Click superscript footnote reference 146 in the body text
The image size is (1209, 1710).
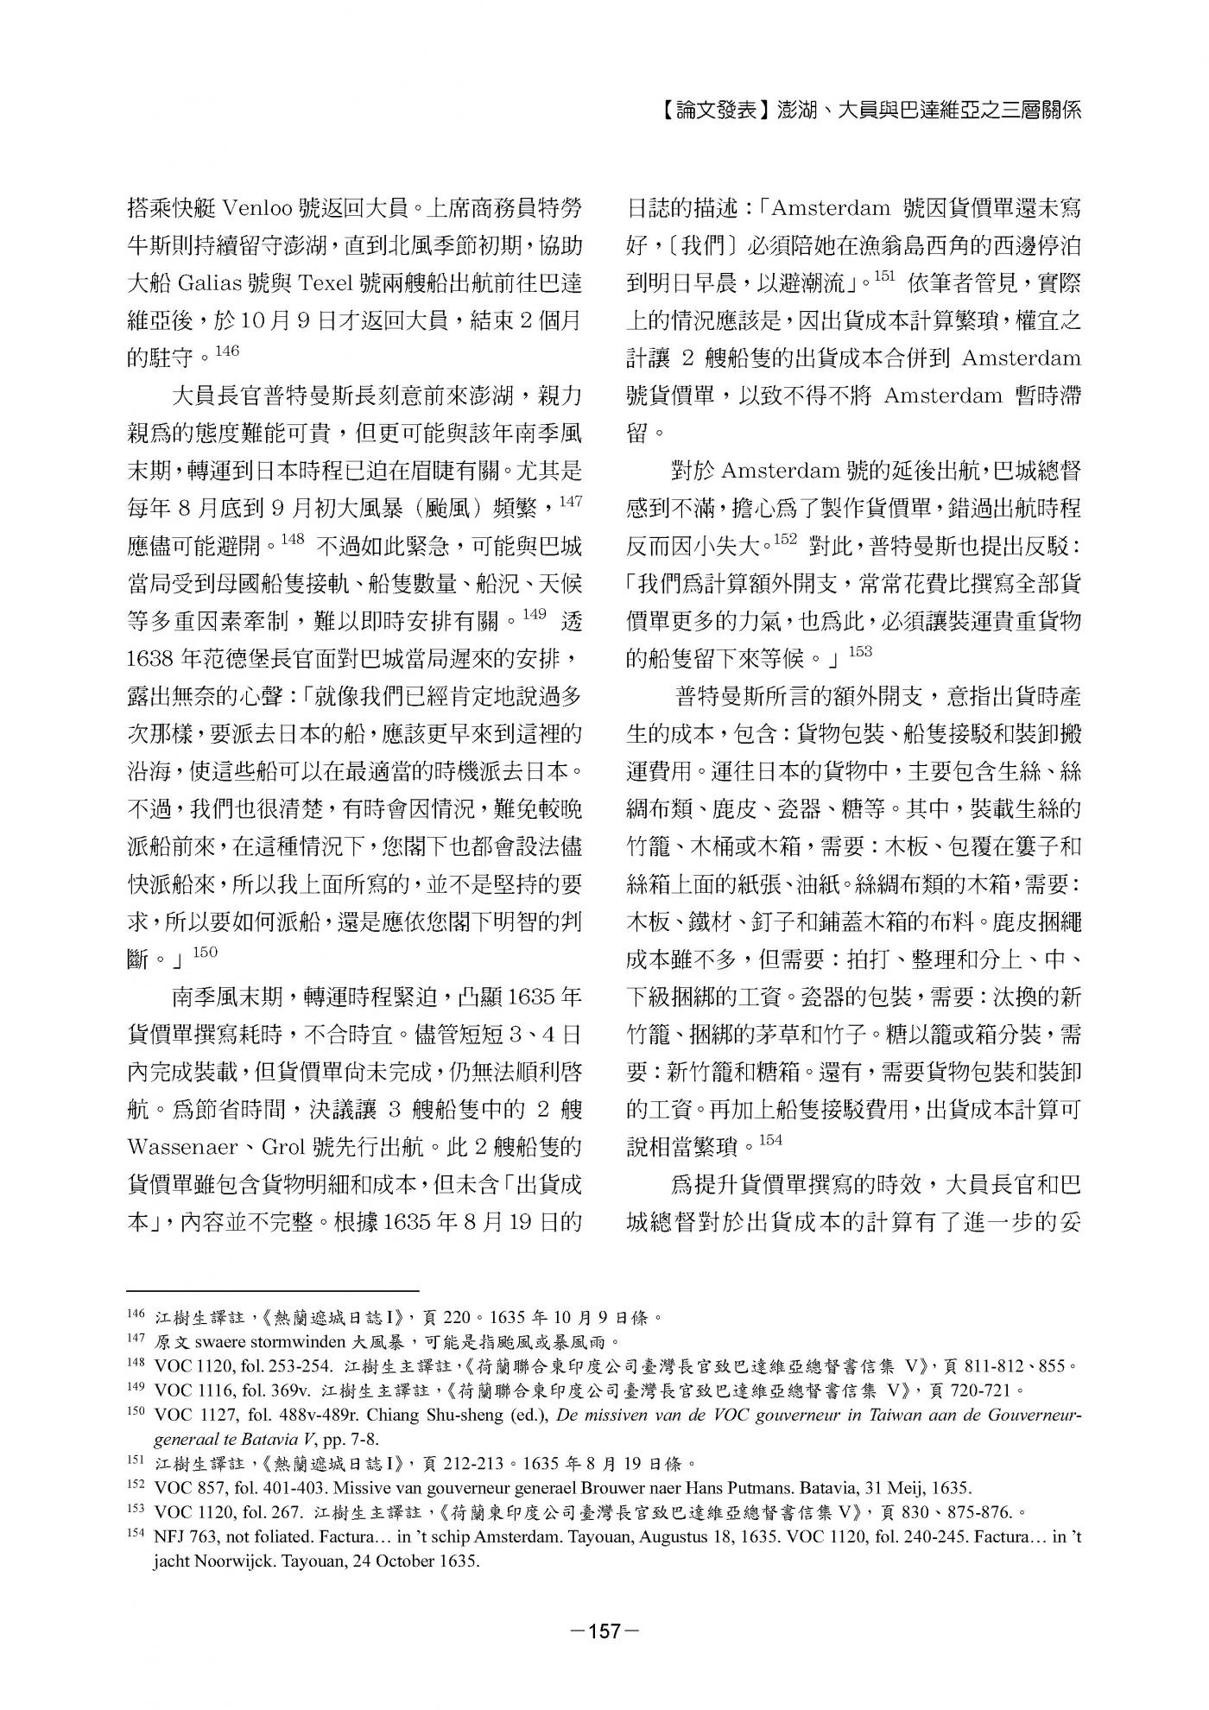click(225, 350)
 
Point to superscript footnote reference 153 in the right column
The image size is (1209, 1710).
click(860, 652)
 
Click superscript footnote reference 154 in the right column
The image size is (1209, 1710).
click(770, 1141)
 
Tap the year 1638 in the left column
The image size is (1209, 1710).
click(152, 659)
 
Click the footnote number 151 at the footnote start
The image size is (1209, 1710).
click(136, 1461)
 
